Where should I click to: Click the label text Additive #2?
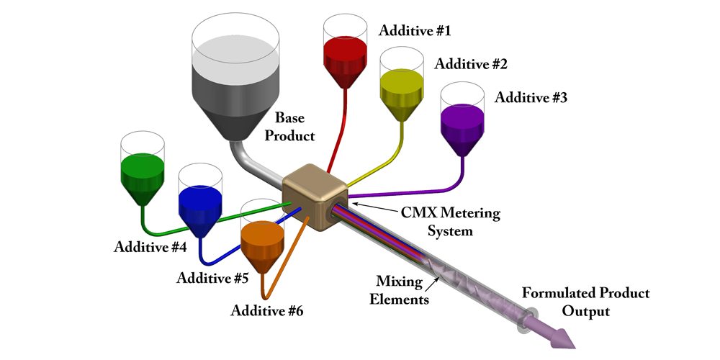(471, 64)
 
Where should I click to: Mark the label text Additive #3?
(531, 97)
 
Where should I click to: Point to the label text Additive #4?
(150, 247)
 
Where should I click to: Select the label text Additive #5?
(213, 278)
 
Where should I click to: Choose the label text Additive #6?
(267, 311)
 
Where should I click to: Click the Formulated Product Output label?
(585, 302)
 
